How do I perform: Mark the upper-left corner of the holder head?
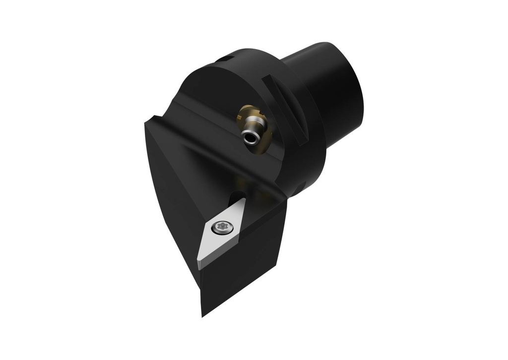147,122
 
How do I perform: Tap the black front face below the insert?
243,278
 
